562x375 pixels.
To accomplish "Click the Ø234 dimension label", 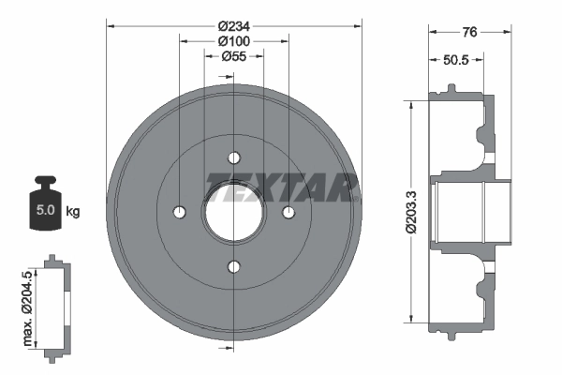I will pyautogui.click(x=233, y=25).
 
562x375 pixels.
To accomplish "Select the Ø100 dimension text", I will pyautogui.click(x=233, y=41).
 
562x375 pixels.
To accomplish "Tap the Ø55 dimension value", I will pyautogui.click(x=233, y=57).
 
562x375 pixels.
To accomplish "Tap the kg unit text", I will pyautogui.click(x=73, y=211).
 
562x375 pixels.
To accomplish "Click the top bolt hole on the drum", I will pyautogui.click(x=234, y=157).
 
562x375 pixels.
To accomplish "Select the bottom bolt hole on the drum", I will pyautogui.click(x=234, y=267).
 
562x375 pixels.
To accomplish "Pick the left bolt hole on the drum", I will pyautogui.click(x=179, y=212).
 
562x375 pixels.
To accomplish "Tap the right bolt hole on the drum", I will pyautogui.click(x=289, y=212).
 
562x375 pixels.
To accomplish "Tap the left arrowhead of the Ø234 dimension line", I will pyautogui.click(x=110, y=25).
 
